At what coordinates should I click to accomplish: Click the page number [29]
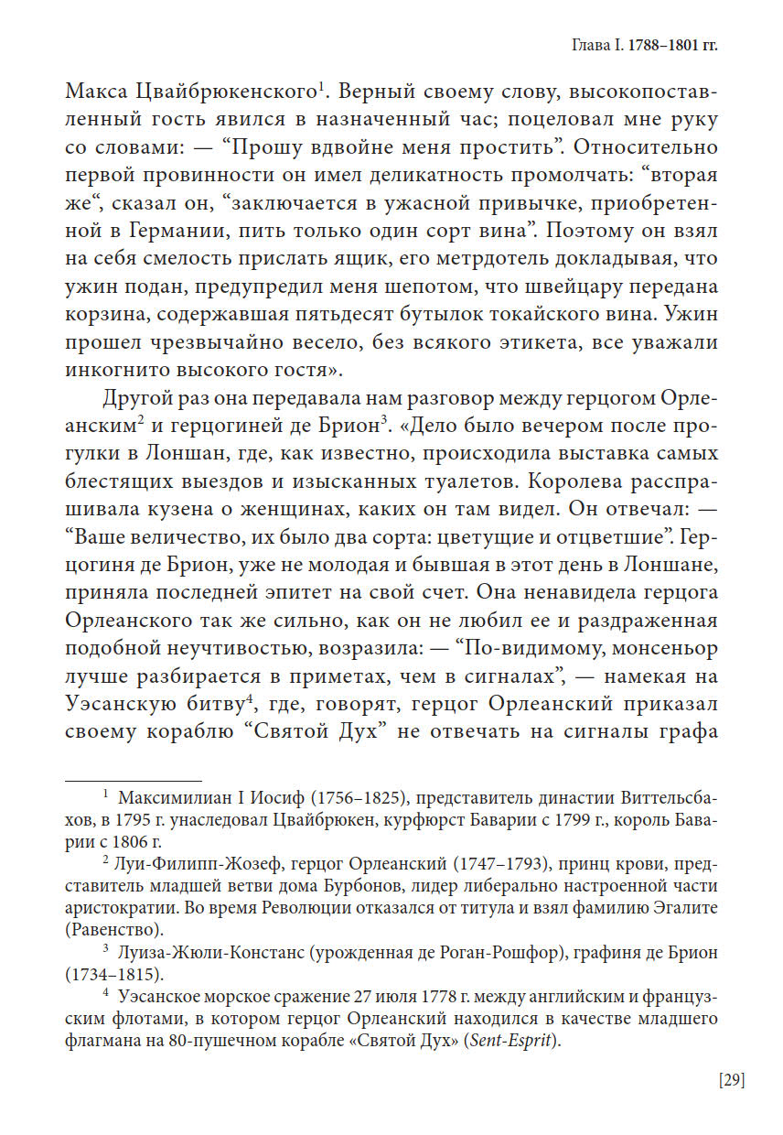point(732,1080)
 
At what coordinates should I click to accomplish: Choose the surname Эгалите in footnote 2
point(681,907)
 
